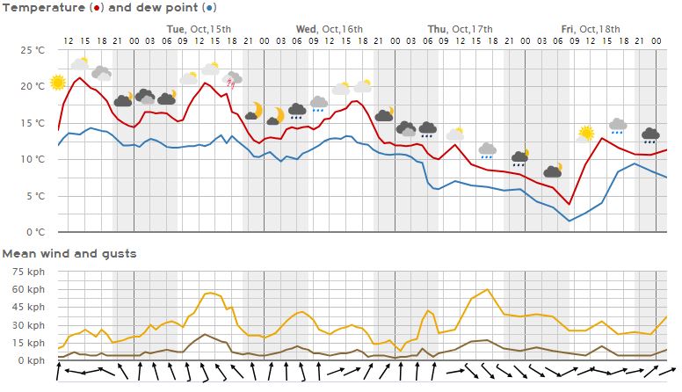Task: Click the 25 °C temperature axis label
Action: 33,50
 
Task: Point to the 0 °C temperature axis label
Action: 35,233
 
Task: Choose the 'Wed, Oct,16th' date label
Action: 329,29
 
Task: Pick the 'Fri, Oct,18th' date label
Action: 591,29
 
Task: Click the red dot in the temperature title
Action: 94,7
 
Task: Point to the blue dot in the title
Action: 208,7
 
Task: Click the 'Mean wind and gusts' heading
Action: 69,253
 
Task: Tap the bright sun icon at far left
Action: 58,83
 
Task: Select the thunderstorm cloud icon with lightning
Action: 233,80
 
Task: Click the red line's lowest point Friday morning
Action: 570,204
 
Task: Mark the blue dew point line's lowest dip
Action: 570,221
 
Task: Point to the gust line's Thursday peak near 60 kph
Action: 488,289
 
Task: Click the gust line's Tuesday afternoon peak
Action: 209,293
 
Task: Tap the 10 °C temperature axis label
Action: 33,159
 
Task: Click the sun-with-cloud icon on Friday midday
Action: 585,134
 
